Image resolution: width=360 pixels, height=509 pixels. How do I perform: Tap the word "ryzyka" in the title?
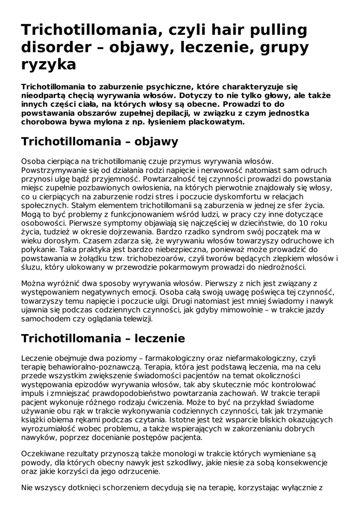tap(49, 64)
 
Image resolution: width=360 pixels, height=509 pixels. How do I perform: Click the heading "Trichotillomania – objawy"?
tap(99, 141)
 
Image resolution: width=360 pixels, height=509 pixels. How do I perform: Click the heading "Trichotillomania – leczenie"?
tap(103, 339)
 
